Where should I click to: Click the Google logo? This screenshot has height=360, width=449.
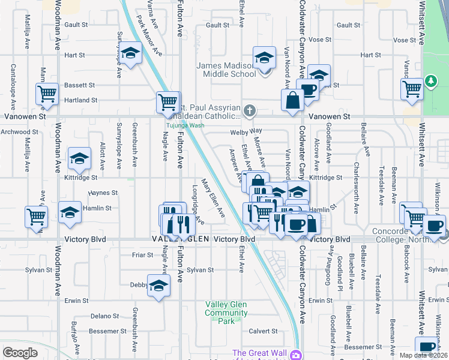coord(20,353)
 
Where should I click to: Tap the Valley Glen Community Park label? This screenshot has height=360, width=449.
coord(226,313)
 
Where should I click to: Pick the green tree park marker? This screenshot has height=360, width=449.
coord(430,81)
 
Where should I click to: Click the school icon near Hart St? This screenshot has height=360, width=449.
coord(129,54)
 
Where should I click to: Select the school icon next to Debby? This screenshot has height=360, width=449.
coord(158,287)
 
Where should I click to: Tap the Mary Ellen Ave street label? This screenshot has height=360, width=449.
coord(212,198)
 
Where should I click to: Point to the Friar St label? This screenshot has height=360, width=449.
coord(142,254)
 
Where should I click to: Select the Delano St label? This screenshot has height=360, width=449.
coord(105,316)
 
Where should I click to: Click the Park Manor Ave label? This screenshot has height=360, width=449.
coord(149,33)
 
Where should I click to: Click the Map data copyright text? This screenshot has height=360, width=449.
coord(422,355)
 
